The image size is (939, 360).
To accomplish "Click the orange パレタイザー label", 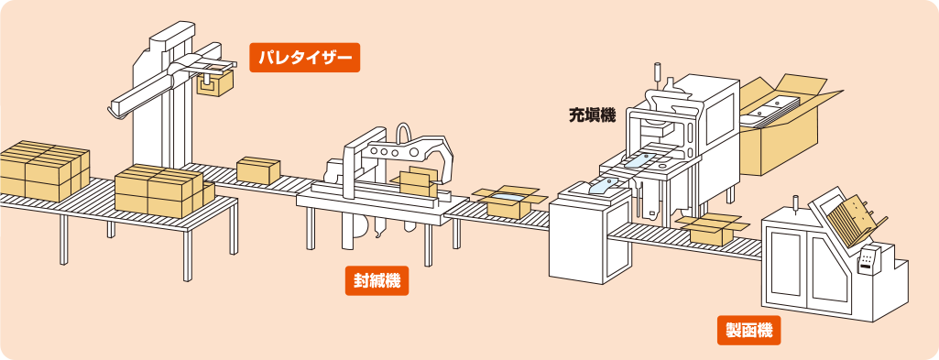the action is point(304,58).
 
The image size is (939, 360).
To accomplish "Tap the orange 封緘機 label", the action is point(377,280).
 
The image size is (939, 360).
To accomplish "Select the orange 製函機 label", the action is point(749,330).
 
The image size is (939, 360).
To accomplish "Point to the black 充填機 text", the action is point(592,115).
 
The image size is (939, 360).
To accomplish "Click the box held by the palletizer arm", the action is point(215,82).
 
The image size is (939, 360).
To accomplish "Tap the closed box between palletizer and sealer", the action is point(258,170).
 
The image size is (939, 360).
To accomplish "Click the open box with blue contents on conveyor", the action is point(509,202).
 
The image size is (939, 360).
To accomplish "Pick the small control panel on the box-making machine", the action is point(868,259).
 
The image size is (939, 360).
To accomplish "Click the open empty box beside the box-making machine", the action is point(713,229).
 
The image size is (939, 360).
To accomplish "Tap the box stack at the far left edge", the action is point(43,170).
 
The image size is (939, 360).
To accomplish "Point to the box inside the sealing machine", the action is point(419,181).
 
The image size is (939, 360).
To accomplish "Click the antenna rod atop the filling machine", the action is point(656,73).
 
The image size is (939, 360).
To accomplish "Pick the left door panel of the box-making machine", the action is point(786,264).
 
